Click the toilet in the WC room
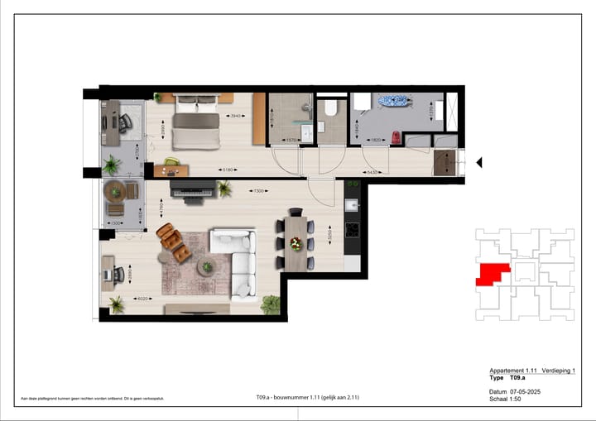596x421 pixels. [x=330, y=108]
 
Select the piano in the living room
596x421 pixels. [x=192, y=189]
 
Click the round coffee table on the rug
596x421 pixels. [x=206, y=266]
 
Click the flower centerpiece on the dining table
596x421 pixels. [x=296, y=243]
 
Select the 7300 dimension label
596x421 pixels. [x=259, y=191]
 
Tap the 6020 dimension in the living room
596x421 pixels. [x=142, y=299]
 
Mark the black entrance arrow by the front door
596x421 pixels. [x=478, y=162]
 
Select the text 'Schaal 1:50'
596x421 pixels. [x=506, y=399]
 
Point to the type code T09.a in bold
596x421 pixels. [x=520, y=377]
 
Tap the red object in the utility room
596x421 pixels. [x=396, y=137]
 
